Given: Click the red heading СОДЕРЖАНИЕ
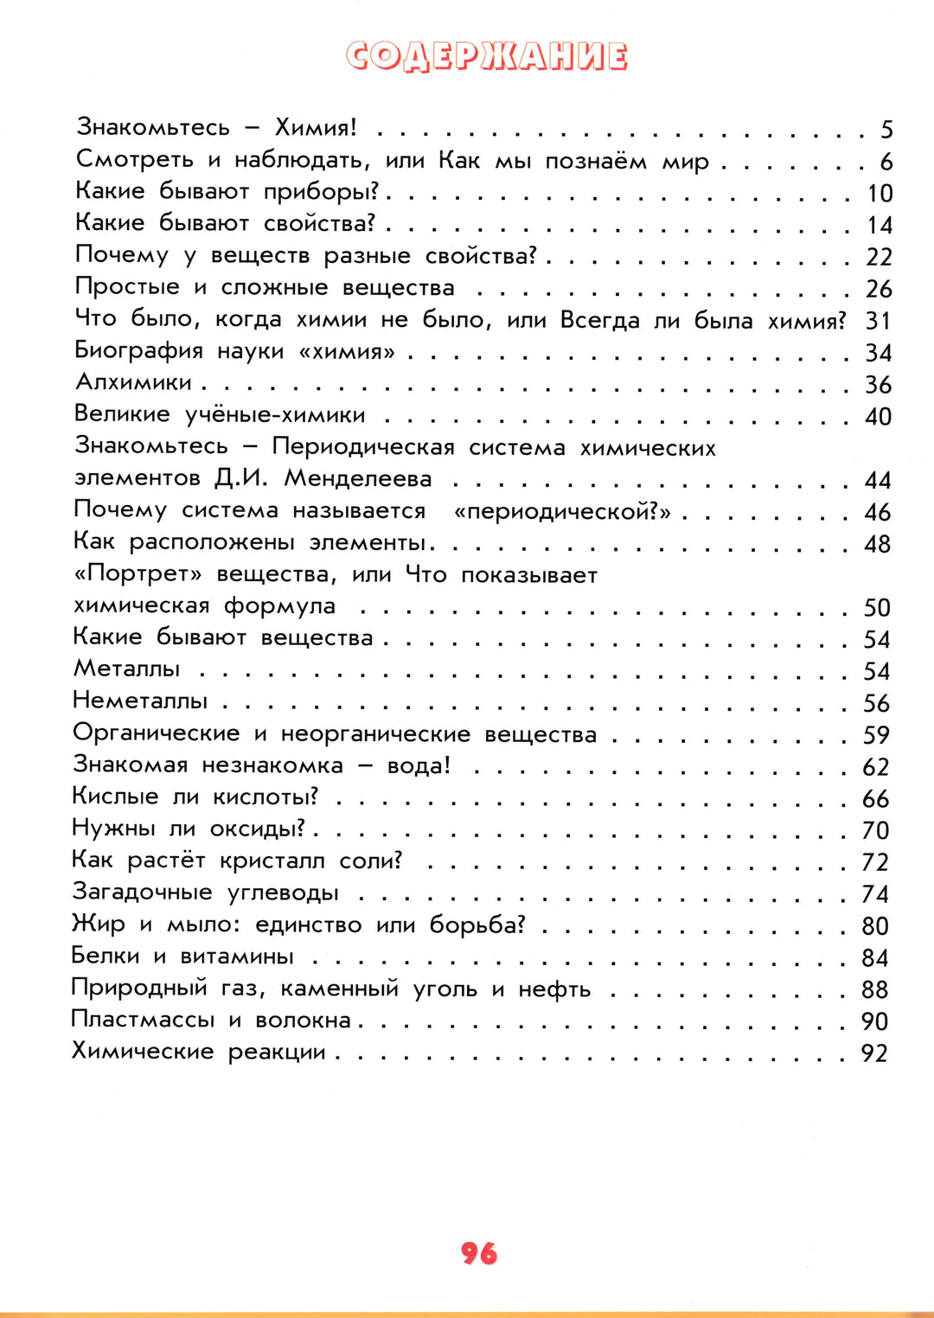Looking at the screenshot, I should [487, 56].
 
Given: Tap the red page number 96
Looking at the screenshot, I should [479, 1253].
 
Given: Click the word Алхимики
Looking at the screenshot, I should [134, 382].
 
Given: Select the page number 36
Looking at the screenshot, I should [878, 385].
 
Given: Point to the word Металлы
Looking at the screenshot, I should [127, 669].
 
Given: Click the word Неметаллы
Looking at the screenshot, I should [140, 701].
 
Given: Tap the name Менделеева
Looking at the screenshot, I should [358, 478].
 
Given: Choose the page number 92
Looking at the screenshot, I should [874, 1053].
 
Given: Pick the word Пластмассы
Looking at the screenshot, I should [143, 1020].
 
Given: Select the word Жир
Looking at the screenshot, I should [98, 925].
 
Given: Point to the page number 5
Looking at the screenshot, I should [886, 130].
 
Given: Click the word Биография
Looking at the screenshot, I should [139, 351].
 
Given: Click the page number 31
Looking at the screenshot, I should [878, 321].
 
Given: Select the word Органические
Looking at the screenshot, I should [156, 733].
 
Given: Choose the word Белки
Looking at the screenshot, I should [106, 956].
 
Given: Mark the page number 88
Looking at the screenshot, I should [874, 989].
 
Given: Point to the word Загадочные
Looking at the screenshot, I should [142, 893].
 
